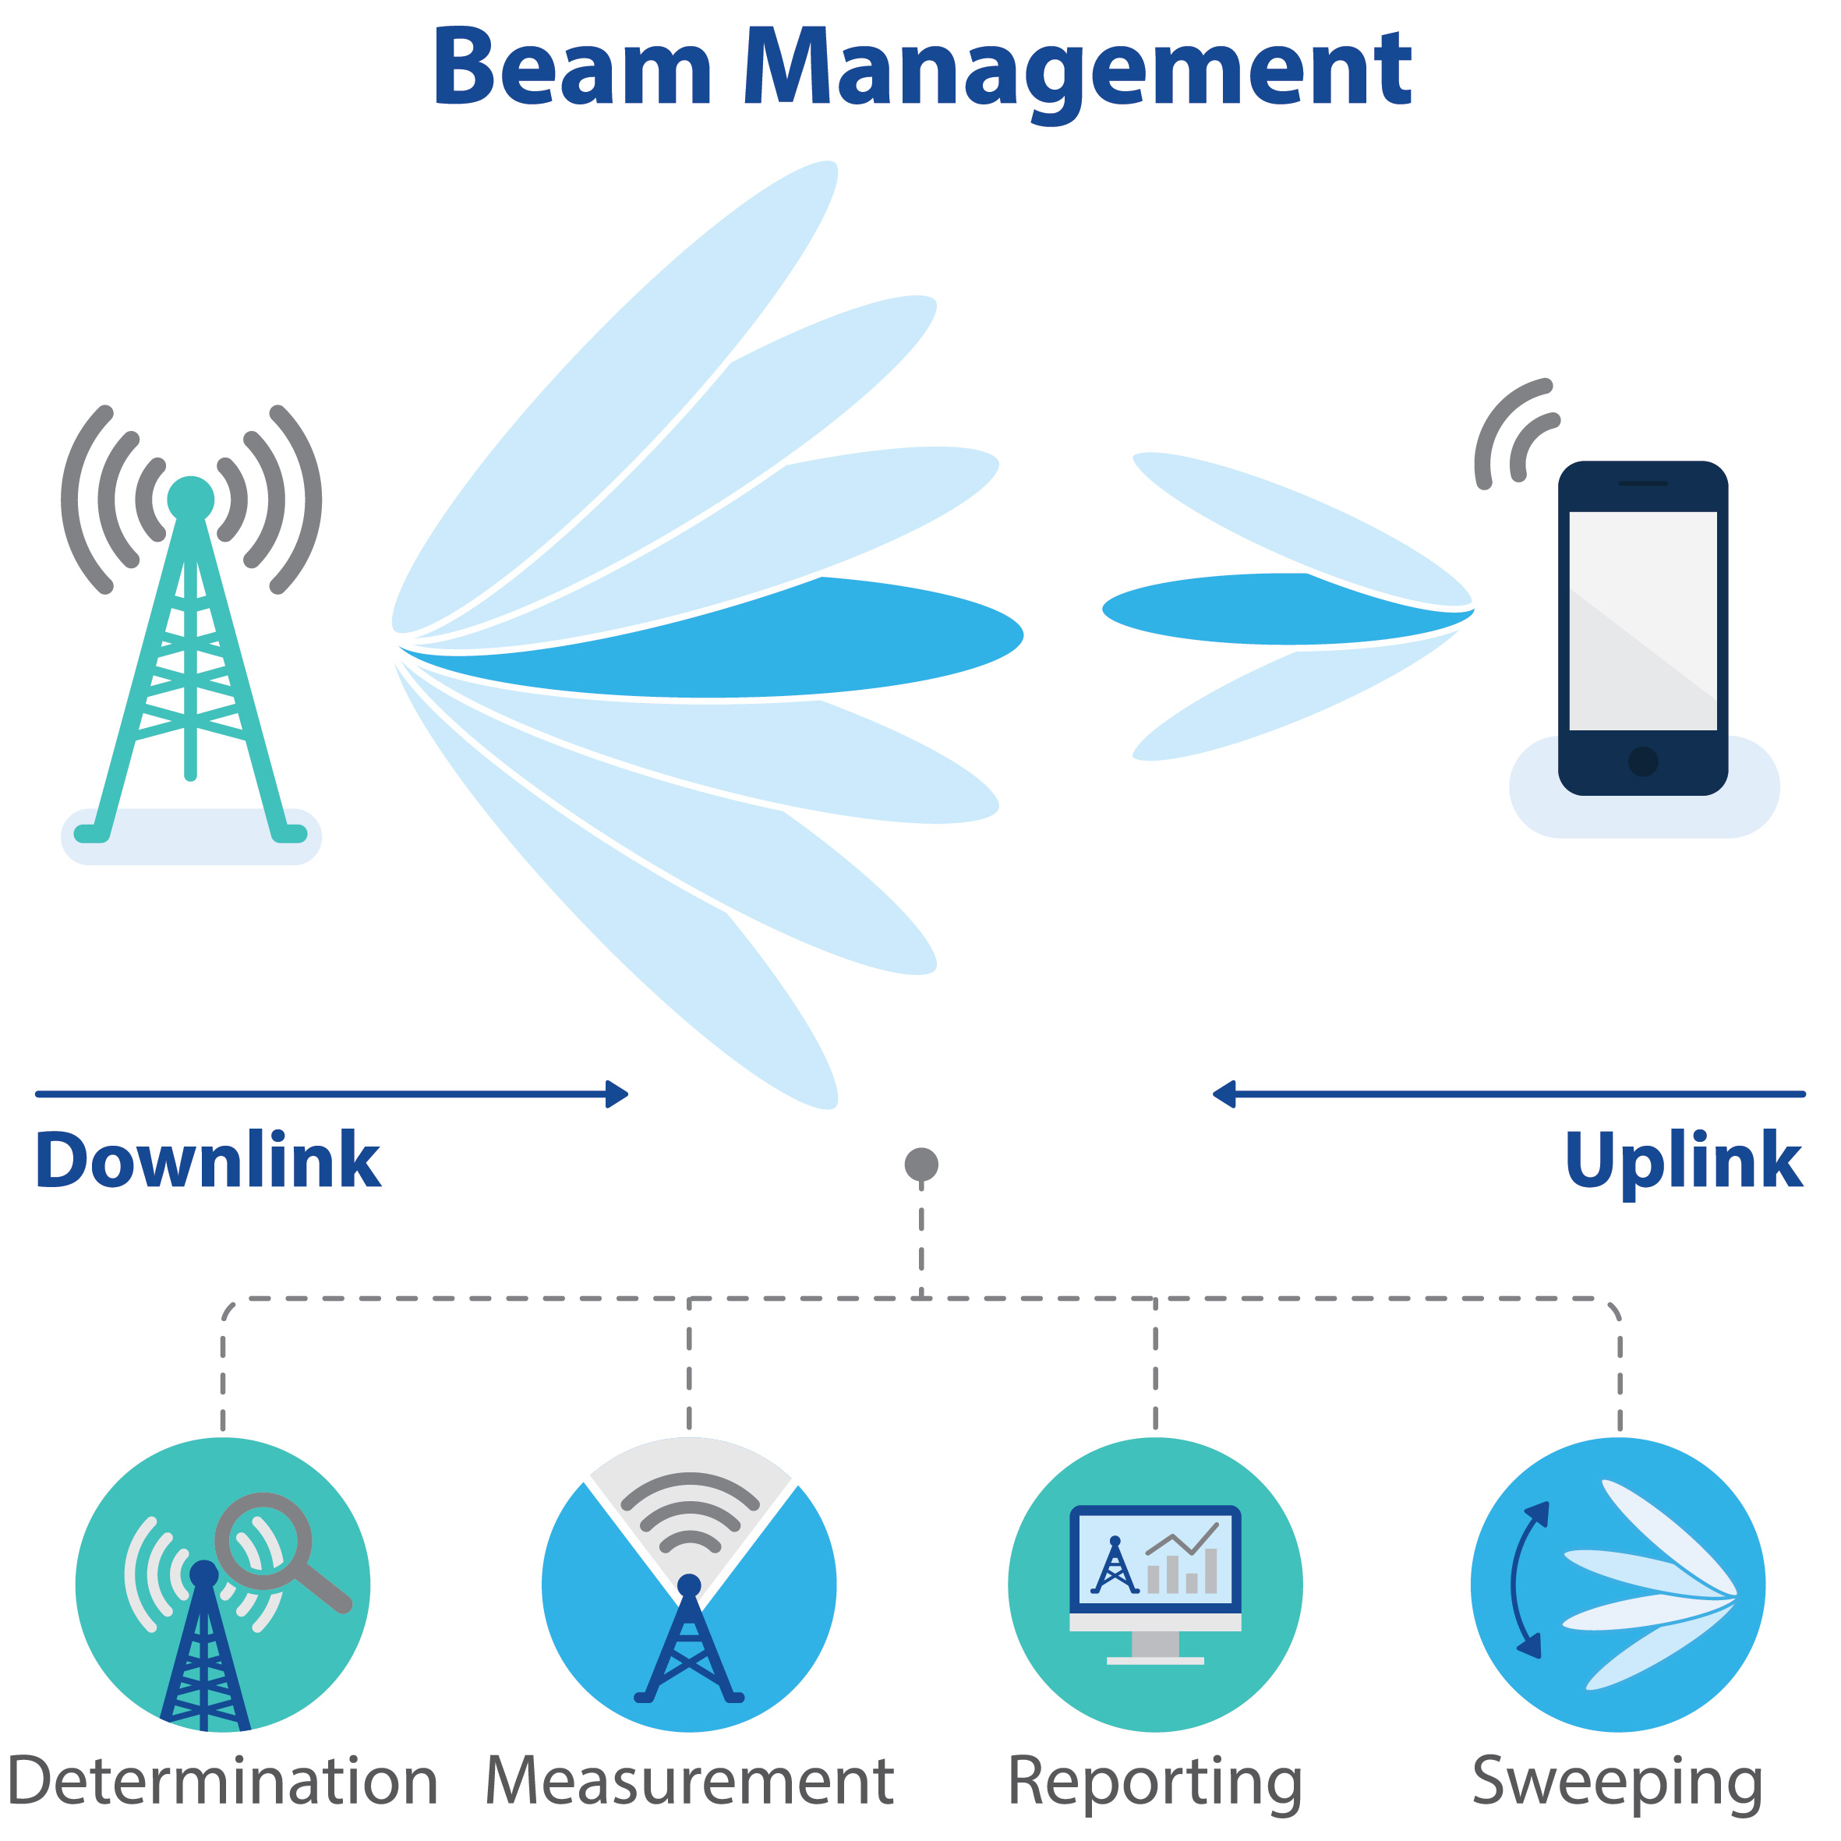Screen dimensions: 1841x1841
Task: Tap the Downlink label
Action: [208, 1160]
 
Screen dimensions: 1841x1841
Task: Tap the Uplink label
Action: [1683, 1160]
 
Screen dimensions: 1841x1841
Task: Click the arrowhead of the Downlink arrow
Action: [617, 1094]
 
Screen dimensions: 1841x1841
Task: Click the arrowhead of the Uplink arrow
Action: [1224, 1094]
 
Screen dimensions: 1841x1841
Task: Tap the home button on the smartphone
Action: [1643, 761]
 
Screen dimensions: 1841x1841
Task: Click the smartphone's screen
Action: [1643, 620]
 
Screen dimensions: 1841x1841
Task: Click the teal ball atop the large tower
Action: [191, 498]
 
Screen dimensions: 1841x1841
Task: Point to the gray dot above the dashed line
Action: [921, 1164]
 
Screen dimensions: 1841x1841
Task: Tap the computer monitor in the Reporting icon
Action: [1155, 1563]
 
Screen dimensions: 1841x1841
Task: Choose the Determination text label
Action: [222, 1780]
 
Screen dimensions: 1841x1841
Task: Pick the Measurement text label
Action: [689, 1780]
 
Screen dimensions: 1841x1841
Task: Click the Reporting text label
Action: [1155, 1780]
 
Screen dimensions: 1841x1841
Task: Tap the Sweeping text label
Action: [1617, 1780]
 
